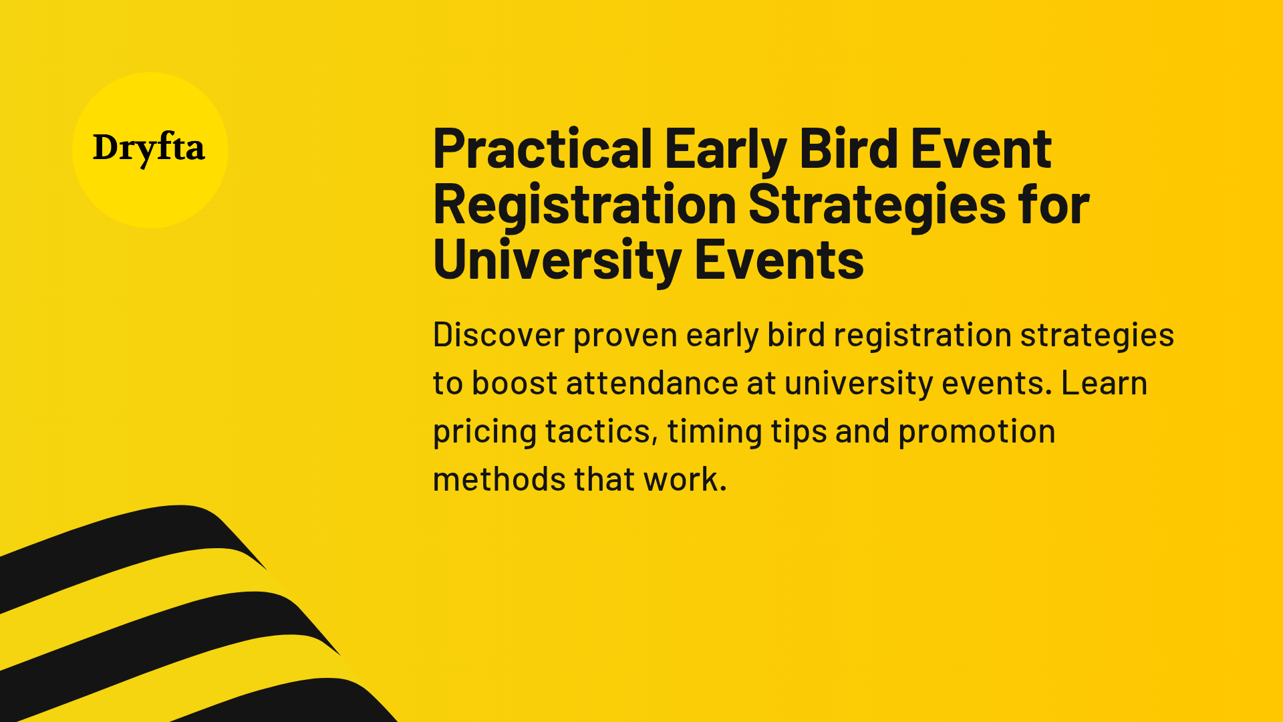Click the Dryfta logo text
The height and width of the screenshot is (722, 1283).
click(x=148, y=148)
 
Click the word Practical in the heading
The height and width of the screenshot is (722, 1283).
click(x=542, y=149)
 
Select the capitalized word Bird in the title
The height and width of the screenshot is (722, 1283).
click(x=848, y=149)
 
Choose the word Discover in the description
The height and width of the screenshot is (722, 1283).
click(x=498, y=334)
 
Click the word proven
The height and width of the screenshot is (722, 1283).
click(x=625, y=336)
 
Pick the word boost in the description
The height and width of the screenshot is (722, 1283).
click(x=515, y=383)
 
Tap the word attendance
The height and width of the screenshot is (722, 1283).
click(x=652, y=383)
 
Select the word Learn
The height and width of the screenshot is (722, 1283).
click(x=1104, y=383)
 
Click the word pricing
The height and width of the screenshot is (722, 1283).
click(x=484, y=432)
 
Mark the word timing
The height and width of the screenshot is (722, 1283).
click(x=714, y=432)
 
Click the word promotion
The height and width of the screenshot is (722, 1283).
click(x=976, y=432)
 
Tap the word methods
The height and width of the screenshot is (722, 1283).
click(x=499, y=479)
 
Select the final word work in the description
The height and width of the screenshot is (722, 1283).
click(x=684, y=479)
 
